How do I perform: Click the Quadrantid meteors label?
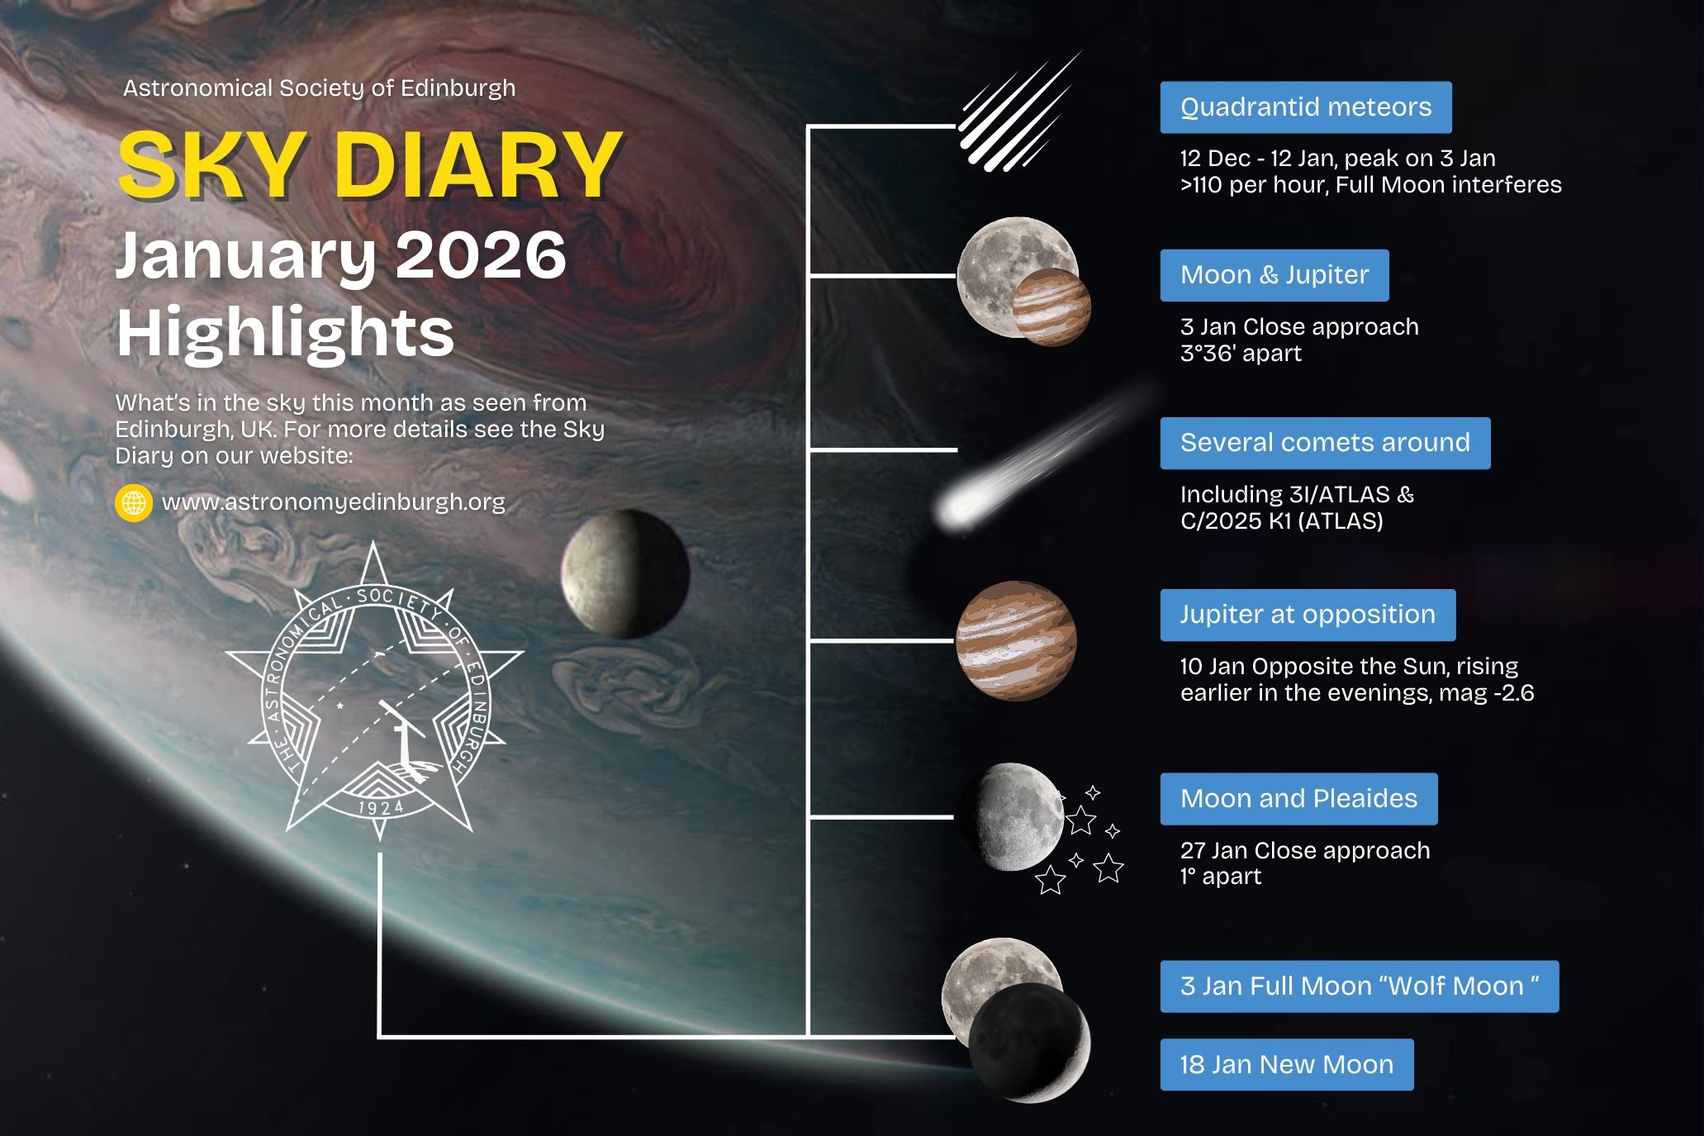[x=1305, y=107]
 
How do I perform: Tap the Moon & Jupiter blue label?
[x=1274, y=274]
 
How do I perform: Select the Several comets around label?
[x=1325, y=443]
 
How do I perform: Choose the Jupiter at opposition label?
[x=1308, y=615]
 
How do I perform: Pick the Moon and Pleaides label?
[x=1298, y=799]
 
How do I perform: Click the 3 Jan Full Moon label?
[x=1360, y=986]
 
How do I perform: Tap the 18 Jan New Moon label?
[x=1287, y=1064]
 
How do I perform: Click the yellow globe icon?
[x=134, y=502]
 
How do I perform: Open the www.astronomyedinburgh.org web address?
[x=334, y=502]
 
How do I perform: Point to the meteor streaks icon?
[x=1020, y=112]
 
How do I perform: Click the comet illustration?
[x=1049, y=459]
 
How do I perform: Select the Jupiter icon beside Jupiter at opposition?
[x=1016, y=640]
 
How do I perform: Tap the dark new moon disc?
[x=1029, y=1043]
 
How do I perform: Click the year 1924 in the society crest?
[x=380, y=806]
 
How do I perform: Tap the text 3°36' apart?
[x=1241, y=354]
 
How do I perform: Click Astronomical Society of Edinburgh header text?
[x=319, y=88]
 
